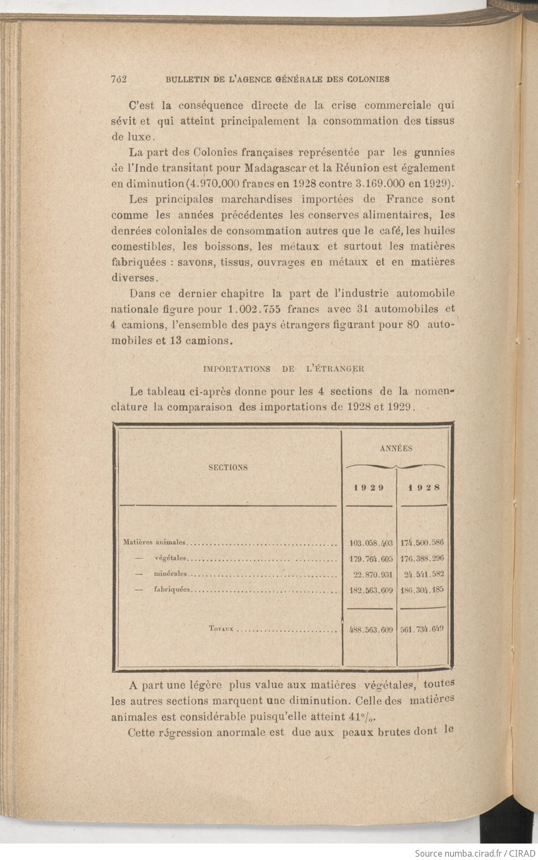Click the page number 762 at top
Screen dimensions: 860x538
tap(119, 79)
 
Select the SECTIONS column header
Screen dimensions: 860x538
tap(228, 467)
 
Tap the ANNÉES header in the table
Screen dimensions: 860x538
tap(396, 448)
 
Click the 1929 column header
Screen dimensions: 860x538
tap(368, 487)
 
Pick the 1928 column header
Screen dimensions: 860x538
tap(422, 487)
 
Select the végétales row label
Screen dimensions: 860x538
tap(171, 559)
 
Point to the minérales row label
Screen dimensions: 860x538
tap(170, 574)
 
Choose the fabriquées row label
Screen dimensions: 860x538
tap(172, 590)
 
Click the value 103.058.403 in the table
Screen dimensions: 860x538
tap(371, 543)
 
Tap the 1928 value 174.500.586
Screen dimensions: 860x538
tap(422, 543)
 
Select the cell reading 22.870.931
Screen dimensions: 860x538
tap(373, 574)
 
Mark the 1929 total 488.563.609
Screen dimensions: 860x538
tap(371, 630)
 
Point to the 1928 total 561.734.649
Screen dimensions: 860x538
tap(422, 629)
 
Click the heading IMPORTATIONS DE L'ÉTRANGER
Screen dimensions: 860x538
tap(283, 368)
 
